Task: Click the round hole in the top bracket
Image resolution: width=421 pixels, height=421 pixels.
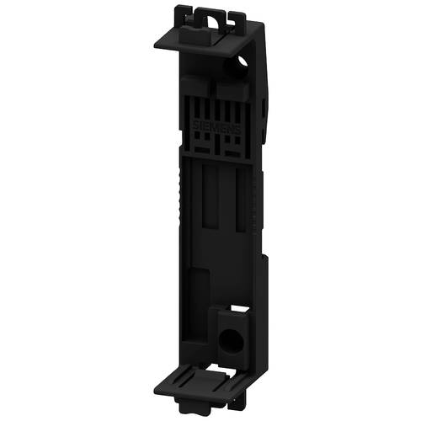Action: coord(244,61)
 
